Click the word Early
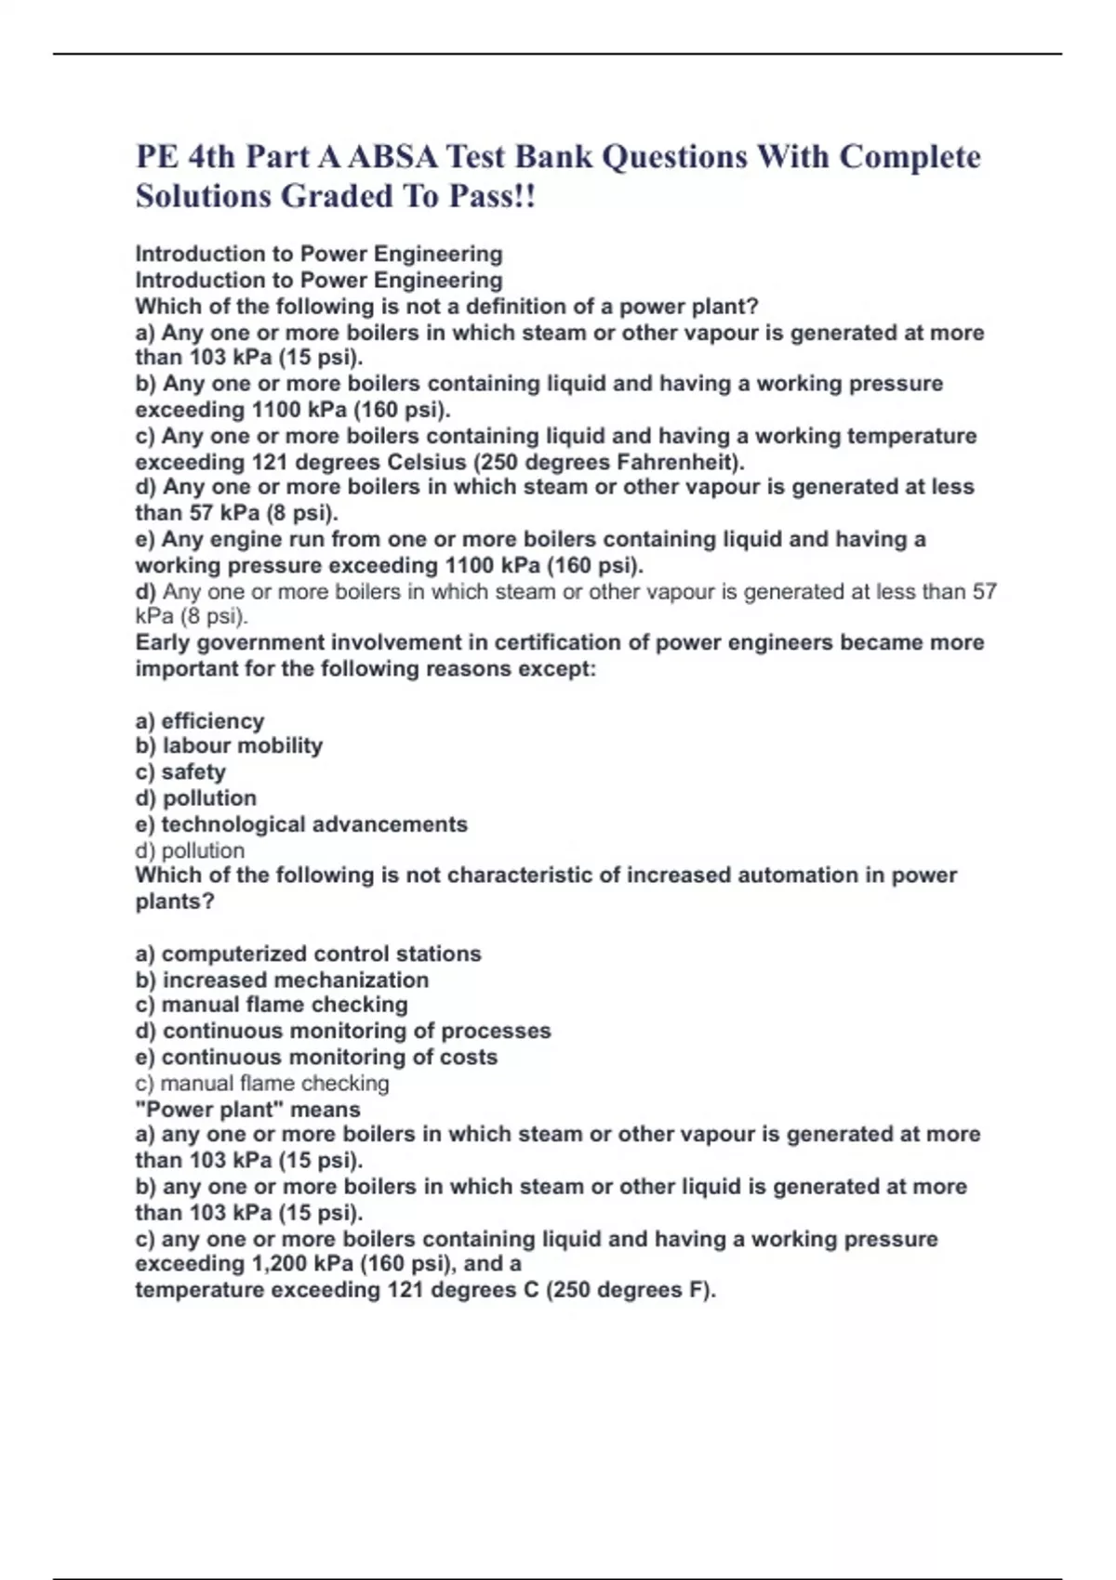click(163, 642)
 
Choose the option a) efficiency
click(200, 720)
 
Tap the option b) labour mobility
click(229, 745)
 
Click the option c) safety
click(180, 771)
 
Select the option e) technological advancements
click(301, 824)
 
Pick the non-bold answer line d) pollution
click(190, 850)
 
